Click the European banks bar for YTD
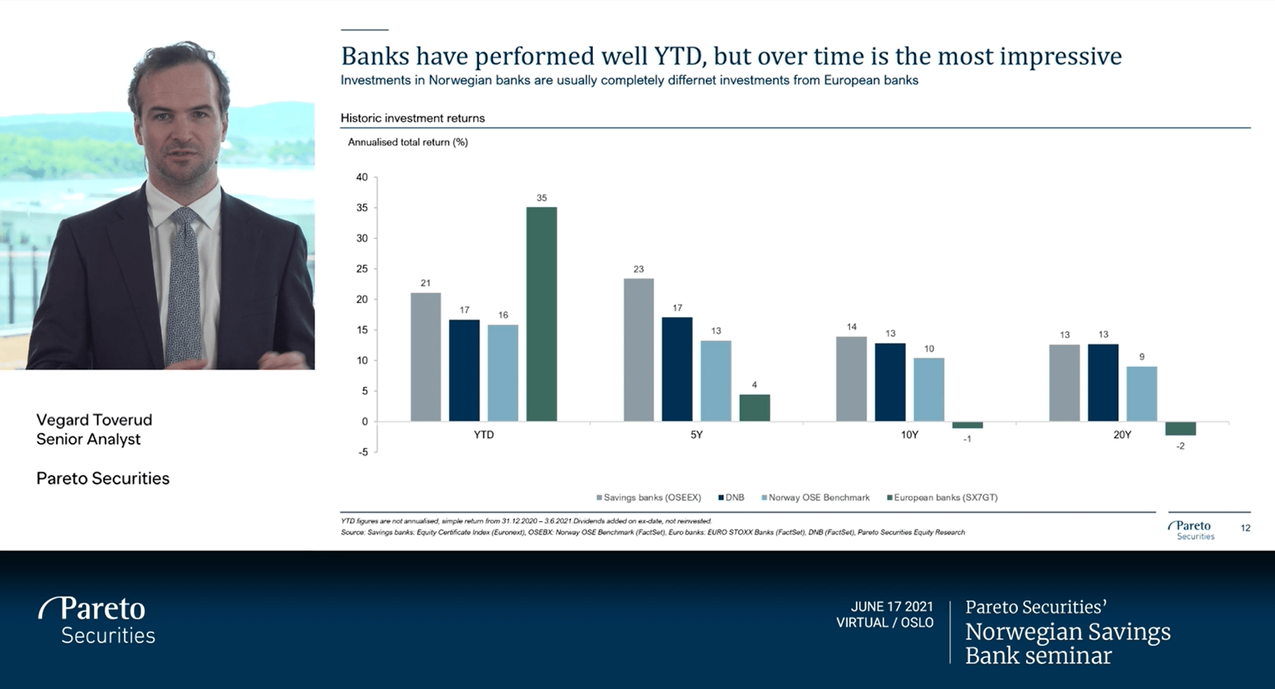[541, 314]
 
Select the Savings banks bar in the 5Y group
[638, 349]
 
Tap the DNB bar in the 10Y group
[889, 382]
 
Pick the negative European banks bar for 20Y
[1180, 429]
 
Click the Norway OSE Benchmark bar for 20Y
[1141, 393]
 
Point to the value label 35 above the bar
[541, 198]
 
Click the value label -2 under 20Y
[1180, 446]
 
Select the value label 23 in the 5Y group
[638, 269]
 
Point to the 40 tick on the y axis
[362, 177]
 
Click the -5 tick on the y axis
[362, 452]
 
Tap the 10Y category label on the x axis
[909, 435]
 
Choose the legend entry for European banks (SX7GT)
[945, 498]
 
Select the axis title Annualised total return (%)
[407, 142]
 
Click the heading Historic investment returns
[412, 118]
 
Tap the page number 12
[1245, 528]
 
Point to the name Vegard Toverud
[94, 420]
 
